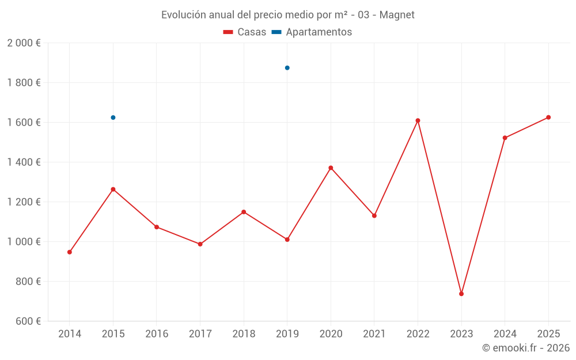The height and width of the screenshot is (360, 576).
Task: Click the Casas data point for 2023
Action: [x=461, y=294]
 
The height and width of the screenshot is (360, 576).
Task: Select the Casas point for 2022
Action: [x=418, y=120]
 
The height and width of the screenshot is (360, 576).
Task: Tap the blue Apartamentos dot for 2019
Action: [x=287, y=68]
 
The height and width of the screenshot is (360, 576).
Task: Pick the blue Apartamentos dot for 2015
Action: [x=113, y=118]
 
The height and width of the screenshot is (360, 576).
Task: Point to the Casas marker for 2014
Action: [x=70, y=252]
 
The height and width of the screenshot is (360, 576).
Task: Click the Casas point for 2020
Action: [x=331, y=168]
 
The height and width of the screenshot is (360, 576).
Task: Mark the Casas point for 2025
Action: [x=548, y=118]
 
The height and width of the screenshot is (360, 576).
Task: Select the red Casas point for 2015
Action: [x=113, y=190]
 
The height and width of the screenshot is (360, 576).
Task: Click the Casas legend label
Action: [x=252, y=32]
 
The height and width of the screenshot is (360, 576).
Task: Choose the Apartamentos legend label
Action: [x=319, y=32]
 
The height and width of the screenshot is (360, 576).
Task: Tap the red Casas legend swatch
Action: [x=229, y=32]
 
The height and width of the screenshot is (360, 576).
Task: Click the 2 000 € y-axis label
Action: [x=24, y=43]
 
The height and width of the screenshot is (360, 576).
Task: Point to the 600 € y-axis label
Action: [x=26, y=321]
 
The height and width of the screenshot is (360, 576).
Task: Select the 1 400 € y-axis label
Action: [x=24, y=162]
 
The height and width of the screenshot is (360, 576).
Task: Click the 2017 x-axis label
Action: [x=200, y=334]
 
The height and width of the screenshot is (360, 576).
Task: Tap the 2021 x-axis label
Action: [x=374, y=334]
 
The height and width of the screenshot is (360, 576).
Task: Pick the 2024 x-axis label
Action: [x=505, y=334]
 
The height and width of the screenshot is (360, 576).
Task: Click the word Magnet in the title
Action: [x=397, y=15]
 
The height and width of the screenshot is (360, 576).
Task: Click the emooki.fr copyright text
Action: [x=526, y=348]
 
